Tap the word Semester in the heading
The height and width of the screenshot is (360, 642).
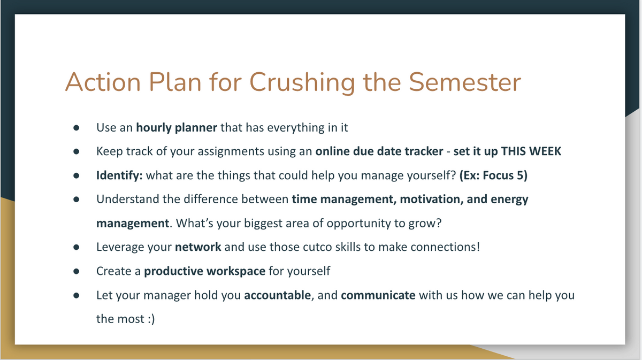[464, 82]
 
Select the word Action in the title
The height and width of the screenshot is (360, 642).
[103, 82]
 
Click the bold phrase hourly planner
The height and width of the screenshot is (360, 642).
[177, 127]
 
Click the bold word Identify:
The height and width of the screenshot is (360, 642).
[119, 175]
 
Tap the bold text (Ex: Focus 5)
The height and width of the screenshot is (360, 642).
[493, 175]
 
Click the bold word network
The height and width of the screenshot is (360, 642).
[198, 247]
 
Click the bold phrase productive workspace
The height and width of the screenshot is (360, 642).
[204, 271]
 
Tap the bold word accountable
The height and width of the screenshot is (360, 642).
[278, 295]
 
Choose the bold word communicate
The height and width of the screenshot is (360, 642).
[378, 295]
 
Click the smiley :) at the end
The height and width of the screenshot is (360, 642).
[151, 319]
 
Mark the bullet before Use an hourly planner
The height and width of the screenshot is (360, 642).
[76, 128]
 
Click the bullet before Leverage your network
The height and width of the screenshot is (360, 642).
[76, 247]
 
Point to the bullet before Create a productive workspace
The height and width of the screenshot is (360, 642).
[76, 271]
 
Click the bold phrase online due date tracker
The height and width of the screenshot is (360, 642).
[379, 151]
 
